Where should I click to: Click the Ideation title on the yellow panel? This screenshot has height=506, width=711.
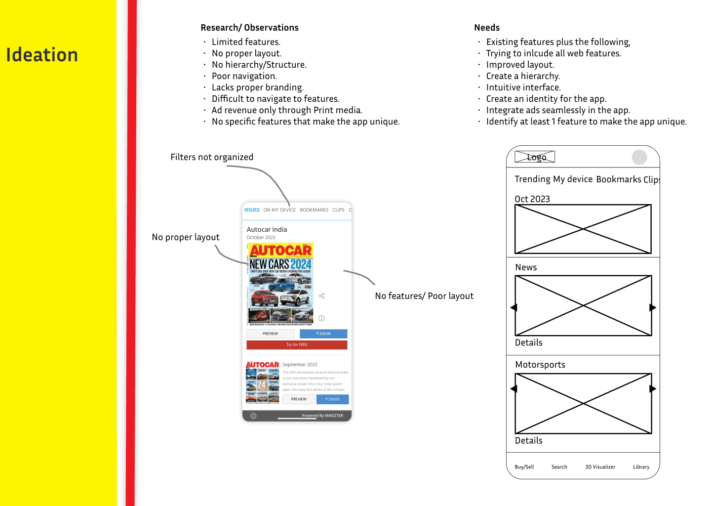point(42,55)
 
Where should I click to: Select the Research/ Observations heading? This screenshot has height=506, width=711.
point(249,28)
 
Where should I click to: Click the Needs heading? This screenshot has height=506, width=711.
point(487,28)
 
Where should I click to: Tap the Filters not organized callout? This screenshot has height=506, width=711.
point(212,157)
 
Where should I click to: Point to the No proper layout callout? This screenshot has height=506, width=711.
point(186,237)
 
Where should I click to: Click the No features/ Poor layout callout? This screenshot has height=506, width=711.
point(424,296)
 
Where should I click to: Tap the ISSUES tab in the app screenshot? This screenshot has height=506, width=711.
point(252,210)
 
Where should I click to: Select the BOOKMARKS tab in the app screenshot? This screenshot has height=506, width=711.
point(314,210)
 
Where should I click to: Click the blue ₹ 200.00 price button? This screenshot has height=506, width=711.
point(323,334)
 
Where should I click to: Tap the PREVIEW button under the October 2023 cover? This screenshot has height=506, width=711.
point(270,334)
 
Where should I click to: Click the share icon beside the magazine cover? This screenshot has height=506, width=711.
point(321,296)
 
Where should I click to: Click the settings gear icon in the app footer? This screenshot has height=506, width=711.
point(253,416)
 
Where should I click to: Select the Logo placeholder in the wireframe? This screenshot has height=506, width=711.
point(535,157)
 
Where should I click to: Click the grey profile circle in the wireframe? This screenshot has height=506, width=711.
point(639,157)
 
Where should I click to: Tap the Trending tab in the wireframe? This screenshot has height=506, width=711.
point(532,179)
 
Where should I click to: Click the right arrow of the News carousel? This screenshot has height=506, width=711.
point(653,307)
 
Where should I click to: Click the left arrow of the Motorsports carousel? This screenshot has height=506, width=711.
point(513,389)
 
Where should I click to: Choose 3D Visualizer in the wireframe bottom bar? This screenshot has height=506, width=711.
point(600,467)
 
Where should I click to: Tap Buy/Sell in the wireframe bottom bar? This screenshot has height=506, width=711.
point(524,467)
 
